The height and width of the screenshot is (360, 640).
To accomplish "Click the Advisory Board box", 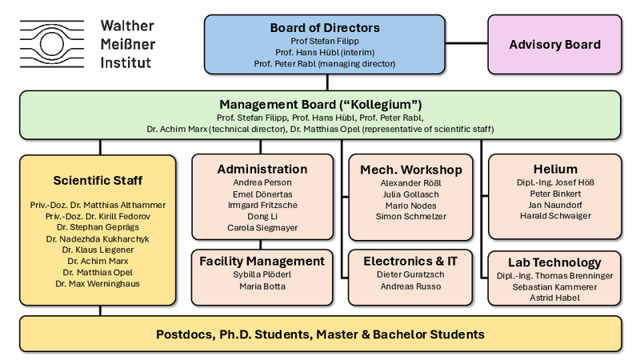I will (x=554, y=44).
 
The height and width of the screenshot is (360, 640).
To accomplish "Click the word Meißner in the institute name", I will (x=126, y=44).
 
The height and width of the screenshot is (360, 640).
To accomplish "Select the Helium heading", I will (x=554, y=169).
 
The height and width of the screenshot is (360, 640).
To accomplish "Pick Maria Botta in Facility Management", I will (x=262, y=287).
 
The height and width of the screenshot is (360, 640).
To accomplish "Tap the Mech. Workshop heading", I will (x=411, y=169).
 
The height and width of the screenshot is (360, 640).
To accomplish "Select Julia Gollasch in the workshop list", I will (x=411, y=194).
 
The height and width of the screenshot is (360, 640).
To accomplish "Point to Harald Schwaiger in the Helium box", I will (x=554, y=216).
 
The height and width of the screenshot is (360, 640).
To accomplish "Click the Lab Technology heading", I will (x=554, y=262).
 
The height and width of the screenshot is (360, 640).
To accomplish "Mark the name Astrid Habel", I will (x=554, y=298).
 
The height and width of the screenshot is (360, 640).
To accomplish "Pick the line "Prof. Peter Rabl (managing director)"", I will (x=325, y=63).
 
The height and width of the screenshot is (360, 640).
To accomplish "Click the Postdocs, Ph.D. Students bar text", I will (x=319, y=334).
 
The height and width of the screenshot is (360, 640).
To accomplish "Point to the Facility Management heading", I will (x=262, y=262).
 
